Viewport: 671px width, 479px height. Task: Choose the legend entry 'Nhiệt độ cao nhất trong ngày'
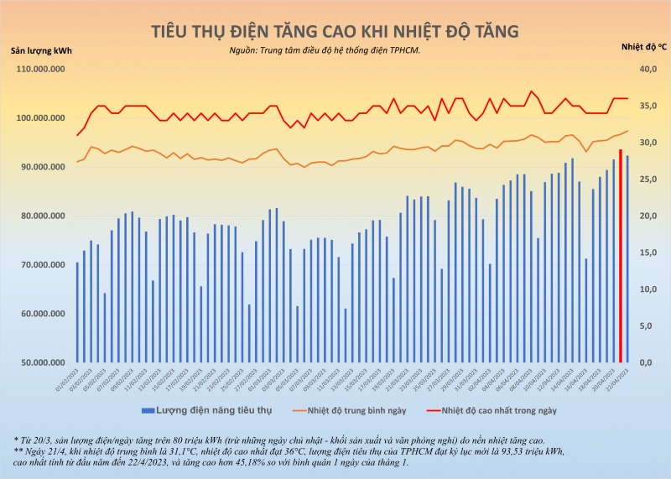[498, 410]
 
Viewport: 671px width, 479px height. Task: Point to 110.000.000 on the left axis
[39, 70]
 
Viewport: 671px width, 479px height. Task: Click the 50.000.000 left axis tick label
[39, 363]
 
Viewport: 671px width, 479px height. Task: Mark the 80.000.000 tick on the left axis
[39, 216]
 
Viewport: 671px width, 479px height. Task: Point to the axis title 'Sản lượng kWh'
[41, 50]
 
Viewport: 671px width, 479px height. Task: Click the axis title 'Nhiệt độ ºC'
[644, 47]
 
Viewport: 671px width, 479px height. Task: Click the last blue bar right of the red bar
[627, 247]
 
